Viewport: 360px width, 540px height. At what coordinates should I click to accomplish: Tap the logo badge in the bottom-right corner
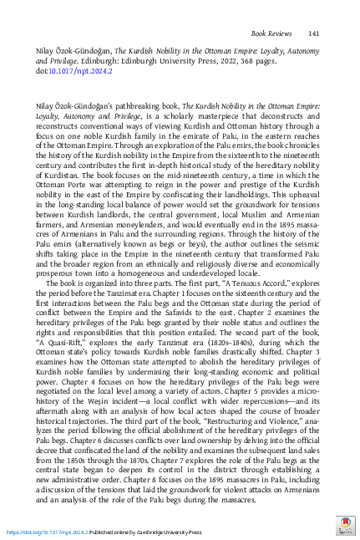coord(344,527)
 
